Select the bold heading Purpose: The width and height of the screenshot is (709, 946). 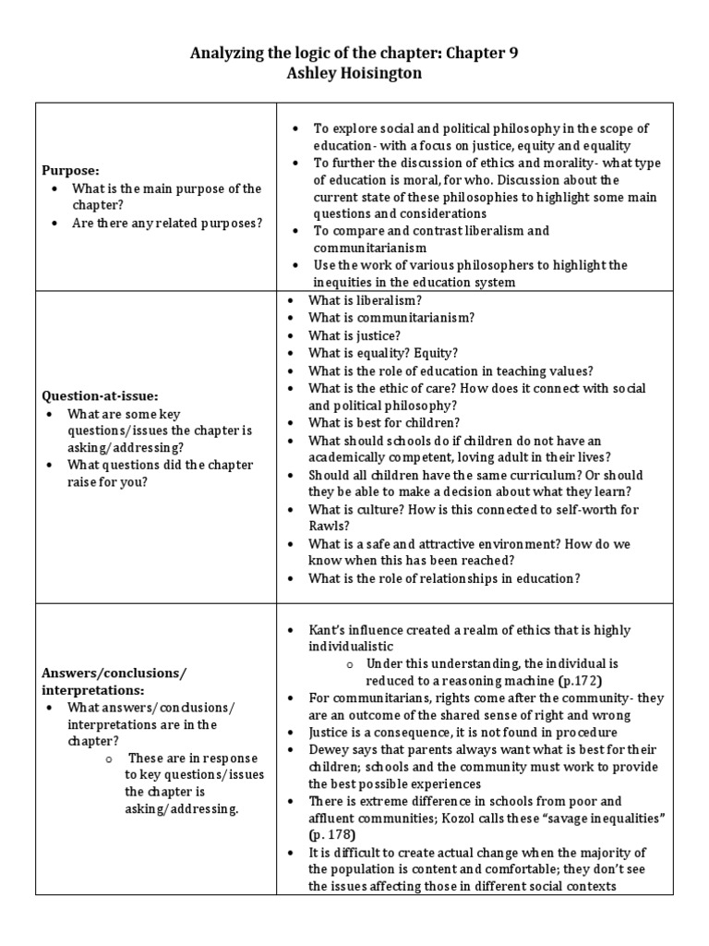(x=71, y=171)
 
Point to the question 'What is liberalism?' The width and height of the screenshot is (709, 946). (x=367, y=300)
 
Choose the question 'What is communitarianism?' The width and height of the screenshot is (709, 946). (x=391, y=318)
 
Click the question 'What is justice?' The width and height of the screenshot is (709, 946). (x=354, y=335)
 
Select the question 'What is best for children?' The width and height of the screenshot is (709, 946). (x=383, y=422)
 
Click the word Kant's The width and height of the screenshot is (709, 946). (x=330, y=630)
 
